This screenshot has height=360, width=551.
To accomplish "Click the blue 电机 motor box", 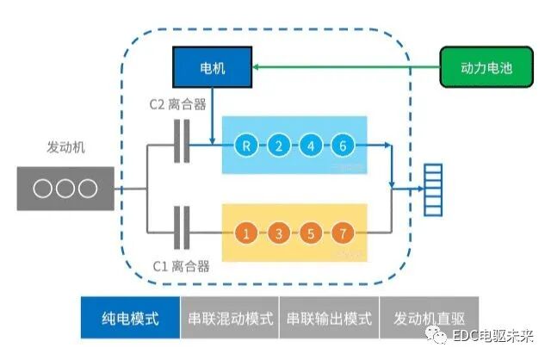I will click(x=213, y=68).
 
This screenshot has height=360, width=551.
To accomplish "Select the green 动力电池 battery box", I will click(x=481, y=68).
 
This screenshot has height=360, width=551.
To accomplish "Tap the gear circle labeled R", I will click(x=247, y=146).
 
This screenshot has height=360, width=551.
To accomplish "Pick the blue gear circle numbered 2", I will click(x=279, y=146).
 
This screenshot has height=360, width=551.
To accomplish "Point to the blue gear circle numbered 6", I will click(x=343, y=146).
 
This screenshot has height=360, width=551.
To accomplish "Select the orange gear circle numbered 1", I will click(x=247, y=233).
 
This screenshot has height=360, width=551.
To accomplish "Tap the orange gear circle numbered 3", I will click(x=279, y=233).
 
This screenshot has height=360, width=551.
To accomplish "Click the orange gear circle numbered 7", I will click(x=343, y=233).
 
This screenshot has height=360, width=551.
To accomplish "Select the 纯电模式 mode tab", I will click(x=130, y=318).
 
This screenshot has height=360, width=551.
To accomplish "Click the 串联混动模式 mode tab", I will click(x=230, y=318).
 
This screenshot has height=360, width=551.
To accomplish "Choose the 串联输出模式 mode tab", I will click(x=329, y=318).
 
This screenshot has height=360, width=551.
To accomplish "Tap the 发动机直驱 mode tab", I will click(x=428, y=318).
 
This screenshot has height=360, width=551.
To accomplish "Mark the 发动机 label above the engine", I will click(x=65, y=147).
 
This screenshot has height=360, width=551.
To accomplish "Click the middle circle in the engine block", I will click(x=65, y=189).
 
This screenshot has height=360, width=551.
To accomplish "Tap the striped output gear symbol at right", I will click(x=431, y=189).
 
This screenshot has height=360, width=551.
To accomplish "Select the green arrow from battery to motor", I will click(x=344, y=68).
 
